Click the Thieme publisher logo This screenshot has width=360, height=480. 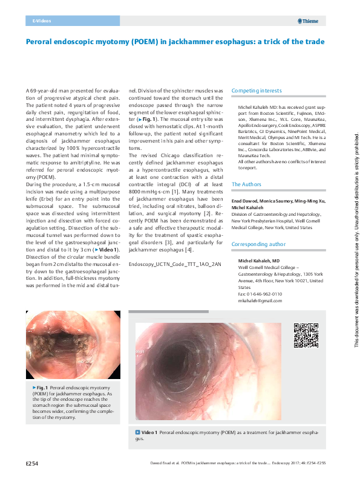[x=310, y=21]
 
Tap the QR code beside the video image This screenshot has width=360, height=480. [x=305, y=336]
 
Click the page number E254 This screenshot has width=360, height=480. [x=32, y=464]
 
